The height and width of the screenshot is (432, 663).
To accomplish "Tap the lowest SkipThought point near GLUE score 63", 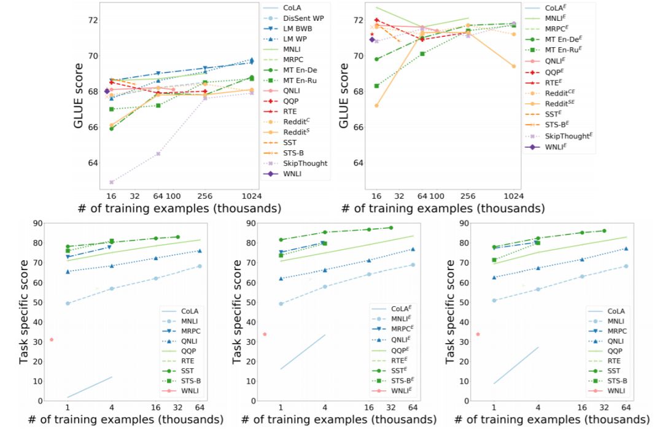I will tap(111, 182).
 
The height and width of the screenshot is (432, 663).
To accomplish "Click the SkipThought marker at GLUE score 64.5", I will tap(158, 153).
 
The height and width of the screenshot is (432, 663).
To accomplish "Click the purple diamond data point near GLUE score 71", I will tap(372, 39).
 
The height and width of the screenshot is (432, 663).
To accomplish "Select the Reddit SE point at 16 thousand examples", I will tap(376, 106).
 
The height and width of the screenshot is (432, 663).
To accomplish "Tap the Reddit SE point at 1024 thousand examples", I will tap(513, 66).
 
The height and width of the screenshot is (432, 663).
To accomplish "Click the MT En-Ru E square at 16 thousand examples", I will tap(376, 86).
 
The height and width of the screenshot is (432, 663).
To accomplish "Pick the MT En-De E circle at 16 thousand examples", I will tap(376, 59).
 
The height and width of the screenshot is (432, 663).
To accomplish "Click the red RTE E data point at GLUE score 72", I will tap(376, 20).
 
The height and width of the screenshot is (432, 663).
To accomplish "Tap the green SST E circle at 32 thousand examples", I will tap(390, 228).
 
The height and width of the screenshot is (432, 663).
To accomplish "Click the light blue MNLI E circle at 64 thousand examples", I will tap(413, 265).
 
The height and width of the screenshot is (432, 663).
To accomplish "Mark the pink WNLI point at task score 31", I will tap(52, 339).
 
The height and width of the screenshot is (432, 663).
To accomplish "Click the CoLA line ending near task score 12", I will tap(112, 377).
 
